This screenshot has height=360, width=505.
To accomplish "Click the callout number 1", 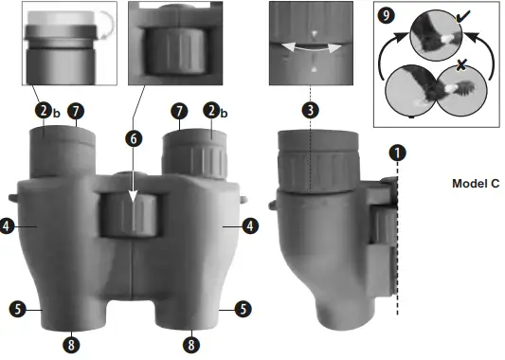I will tap(399, 152).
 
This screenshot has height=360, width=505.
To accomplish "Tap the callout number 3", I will tap(311, 109).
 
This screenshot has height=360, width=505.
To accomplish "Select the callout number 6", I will tap(135, 138).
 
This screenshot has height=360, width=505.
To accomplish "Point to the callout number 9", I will tap(385, 16).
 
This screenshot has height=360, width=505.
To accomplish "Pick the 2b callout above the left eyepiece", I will tap(45, 111).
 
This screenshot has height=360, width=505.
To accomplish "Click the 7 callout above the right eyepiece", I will tap(177, 111).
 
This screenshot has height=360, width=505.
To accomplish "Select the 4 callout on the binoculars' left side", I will tap(9, 227).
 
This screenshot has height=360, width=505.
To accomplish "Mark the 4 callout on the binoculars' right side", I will tap(249, 226).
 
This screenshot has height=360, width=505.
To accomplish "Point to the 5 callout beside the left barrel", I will tap(17, 308).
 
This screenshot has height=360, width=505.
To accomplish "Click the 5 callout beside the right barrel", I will tap(242, 308).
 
